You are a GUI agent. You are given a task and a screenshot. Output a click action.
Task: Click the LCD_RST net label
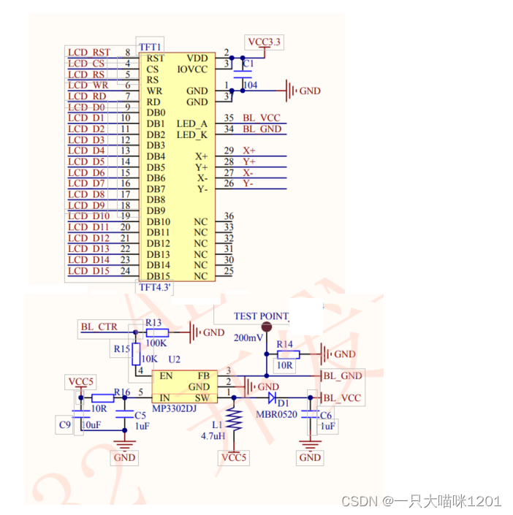coord(89,52)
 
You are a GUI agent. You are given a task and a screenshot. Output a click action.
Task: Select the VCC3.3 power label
coord(264,42)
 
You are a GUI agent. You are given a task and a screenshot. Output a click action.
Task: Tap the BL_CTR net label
coord(99,327)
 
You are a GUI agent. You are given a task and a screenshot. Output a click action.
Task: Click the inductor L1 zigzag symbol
coord(234,421)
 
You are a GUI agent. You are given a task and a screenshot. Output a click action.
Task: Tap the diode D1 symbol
coord(273,398)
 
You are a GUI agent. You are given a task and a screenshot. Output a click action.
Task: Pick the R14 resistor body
coord(284,354)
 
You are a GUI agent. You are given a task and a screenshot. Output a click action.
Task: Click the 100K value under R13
coord(156,342)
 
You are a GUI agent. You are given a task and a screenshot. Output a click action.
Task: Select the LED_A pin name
coord(191,124)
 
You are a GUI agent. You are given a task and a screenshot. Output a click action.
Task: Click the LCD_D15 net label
coord(89,271)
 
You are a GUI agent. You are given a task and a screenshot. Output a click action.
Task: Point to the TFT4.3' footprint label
coord(155,287)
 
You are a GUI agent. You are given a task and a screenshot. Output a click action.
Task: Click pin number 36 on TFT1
coord(229,216)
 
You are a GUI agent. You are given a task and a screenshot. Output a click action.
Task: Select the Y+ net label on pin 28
coord(249,161)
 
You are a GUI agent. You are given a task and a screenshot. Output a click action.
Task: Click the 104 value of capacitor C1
coord(250,85)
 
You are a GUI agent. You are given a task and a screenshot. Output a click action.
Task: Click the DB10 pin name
coord(158,221)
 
